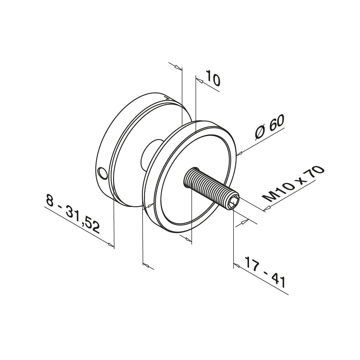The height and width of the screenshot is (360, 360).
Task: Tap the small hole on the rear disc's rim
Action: tap(102, 173)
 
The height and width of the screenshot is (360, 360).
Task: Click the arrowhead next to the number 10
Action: tap(199, 81)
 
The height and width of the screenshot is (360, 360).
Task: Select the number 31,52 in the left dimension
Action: tap(83, 221)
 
